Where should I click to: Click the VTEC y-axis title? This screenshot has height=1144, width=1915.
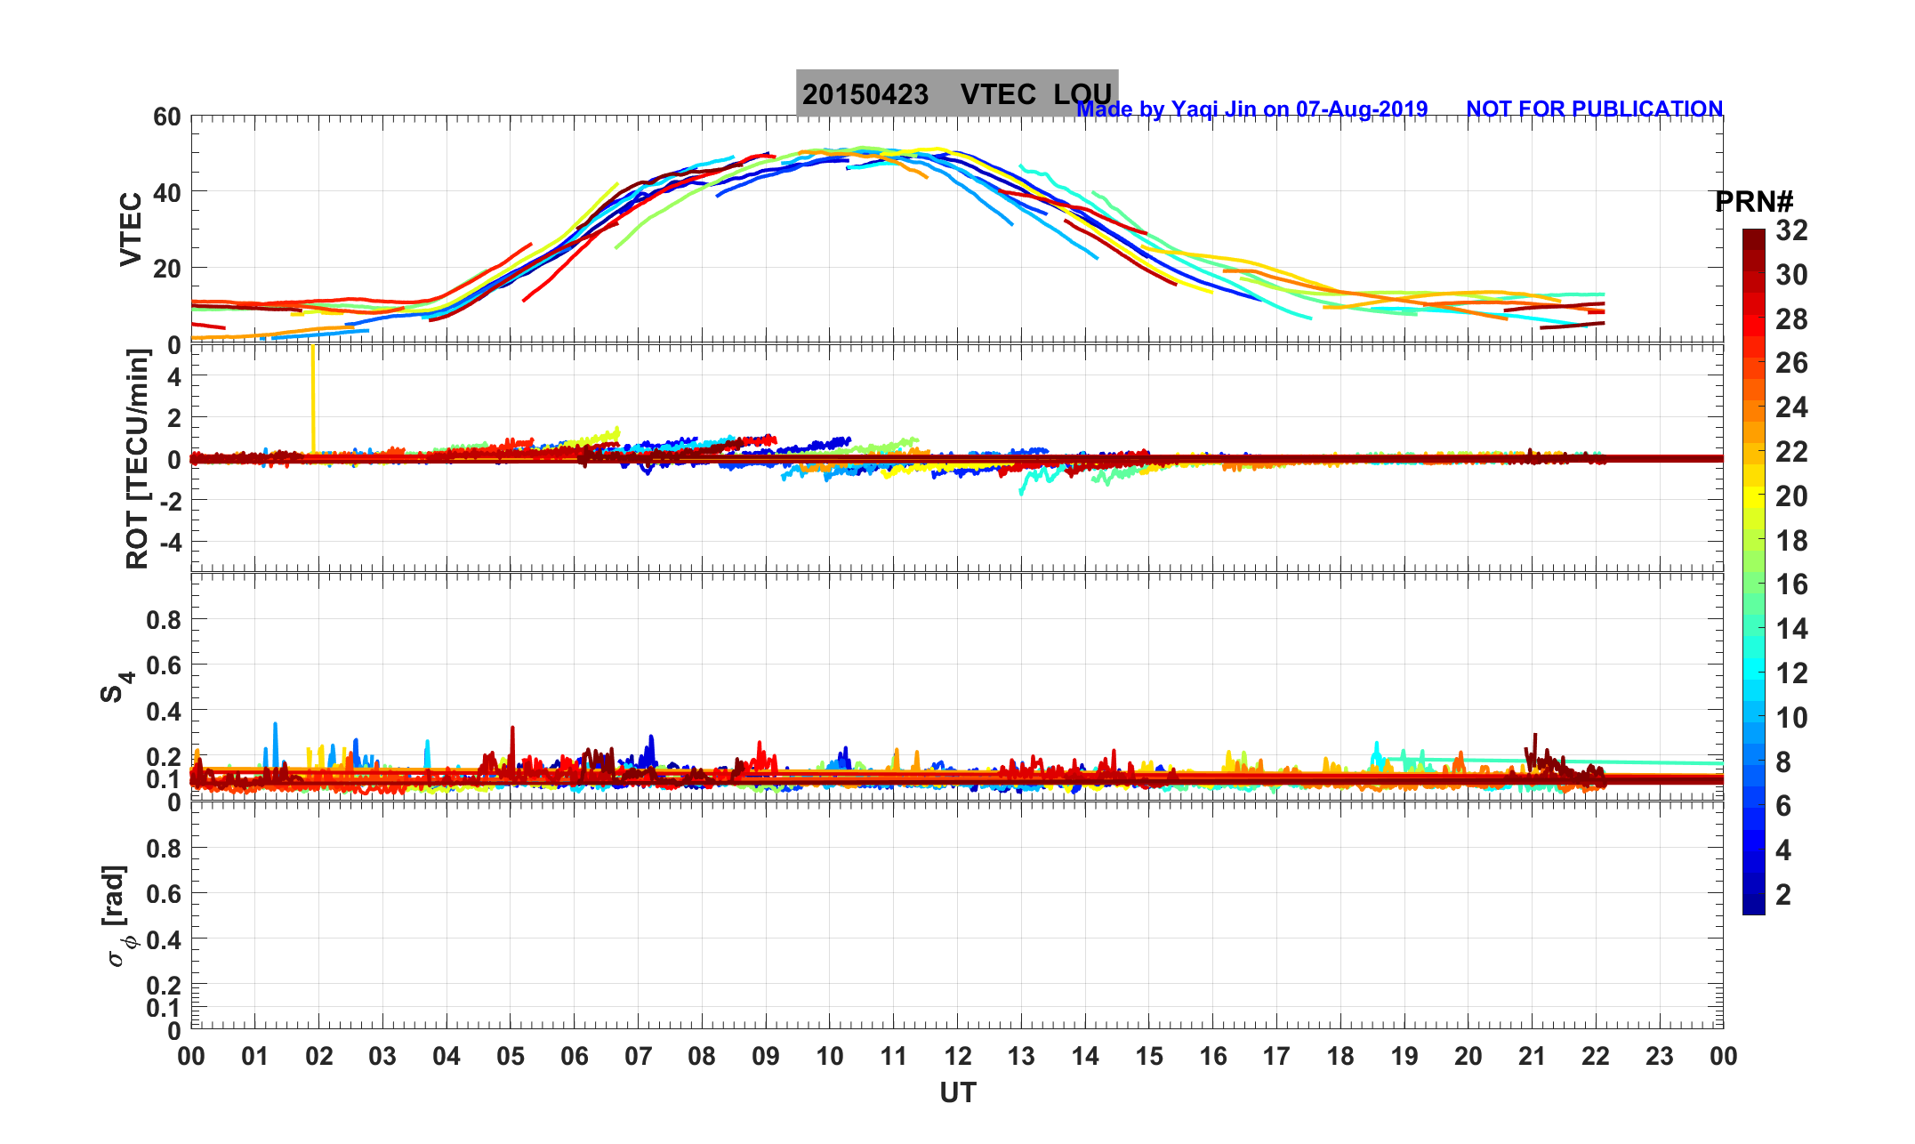pyautogui.click(x=131, y=230)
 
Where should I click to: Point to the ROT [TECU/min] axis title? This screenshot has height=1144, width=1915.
pyautogui.click(x=138, y=459)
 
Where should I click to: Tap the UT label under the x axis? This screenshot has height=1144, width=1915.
pyautogui.click(x=958, y=1093)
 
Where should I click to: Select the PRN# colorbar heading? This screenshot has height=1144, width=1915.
pyautogui.click(x=1753, y=203)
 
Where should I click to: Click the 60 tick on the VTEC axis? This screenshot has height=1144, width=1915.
pyautogui.click(x=166, y=117)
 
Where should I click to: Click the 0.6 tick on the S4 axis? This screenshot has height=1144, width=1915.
pyautogui.click(x=164, y=665)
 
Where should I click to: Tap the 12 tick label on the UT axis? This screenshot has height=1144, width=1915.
pyautogui.click(x=958, y=1057)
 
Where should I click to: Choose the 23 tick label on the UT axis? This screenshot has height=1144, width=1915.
pyautogui.click(x=1660, y=1057)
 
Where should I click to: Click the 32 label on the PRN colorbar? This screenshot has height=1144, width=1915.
pyautogui.click(x=1791, y=231)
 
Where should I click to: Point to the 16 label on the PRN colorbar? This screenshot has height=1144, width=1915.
pyautogui.click(x=1791, y=584)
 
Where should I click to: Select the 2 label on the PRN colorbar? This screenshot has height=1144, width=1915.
pyautogui.click(x=1783, y=895)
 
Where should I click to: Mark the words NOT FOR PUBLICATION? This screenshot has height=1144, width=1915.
pyautogui.click(x=1594, y=109)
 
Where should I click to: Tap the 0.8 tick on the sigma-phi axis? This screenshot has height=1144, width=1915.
pyautogui.click(x=164, y=849)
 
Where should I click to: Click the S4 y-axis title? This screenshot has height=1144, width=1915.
pyautogui.click(x=117, y=687)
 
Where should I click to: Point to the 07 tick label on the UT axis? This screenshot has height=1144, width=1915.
pyautogui.click(x=638, y=1057)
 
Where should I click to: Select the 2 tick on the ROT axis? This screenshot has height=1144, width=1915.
pyautogui.click(x=174, y=417)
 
